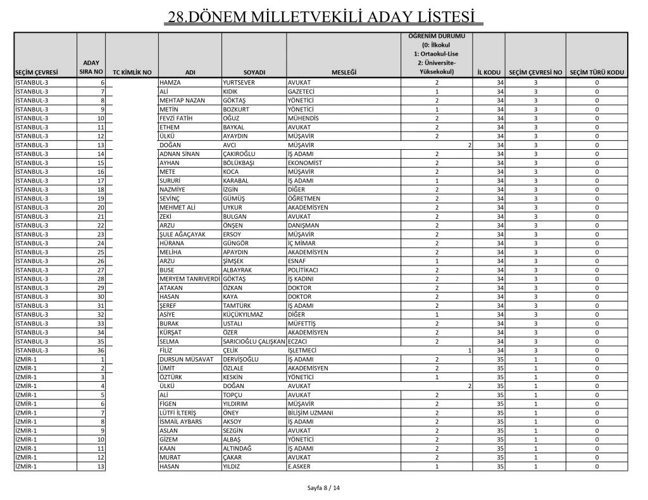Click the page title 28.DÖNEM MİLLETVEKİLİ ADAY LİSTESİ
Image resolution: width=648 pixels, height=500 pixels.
(x=323, y=16)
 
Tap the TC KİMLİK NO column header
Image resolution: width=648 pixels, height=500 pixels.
(x=132, y=72)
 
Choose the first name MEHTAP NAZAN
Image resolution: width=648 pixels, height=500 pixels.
(x=182, y=101)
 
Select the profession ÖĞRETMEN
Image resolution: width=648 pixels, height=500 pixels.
(x=304, y=198)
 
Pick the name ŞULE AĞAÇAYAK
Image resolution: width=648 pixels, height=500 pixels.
(x=182, y=234)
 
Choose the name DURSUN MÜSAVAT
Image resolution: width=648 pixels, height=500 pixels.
(x=185, y=358)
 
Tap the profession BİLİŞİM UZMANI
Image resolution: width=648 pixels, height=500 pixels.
(x=310, y=412)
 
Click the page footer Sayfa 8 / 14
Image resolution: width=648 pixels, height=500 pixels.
(x=323, y=488)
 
